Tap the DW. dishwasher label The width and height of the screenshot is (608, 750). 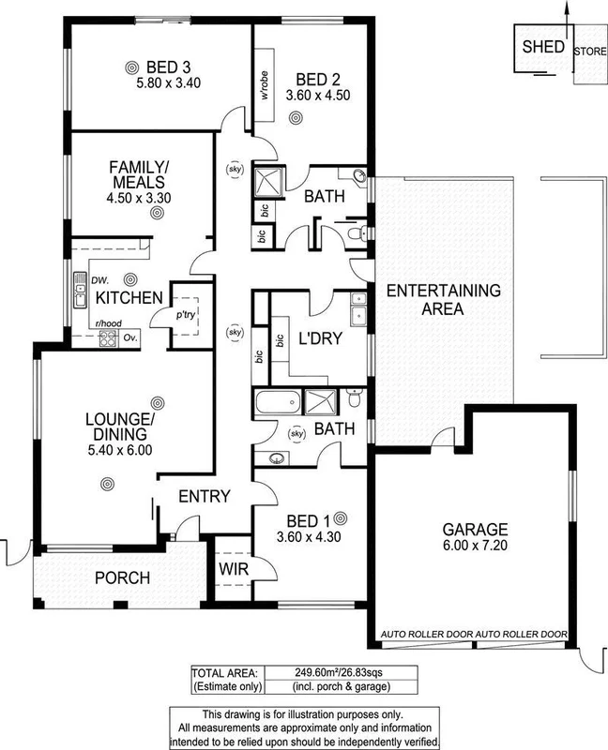100,278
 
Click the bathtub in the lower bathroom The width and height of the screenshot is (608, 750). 278,405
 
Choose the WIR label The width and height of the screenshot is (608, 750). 232,568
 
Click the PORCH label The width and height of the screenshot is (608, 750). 123,577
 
